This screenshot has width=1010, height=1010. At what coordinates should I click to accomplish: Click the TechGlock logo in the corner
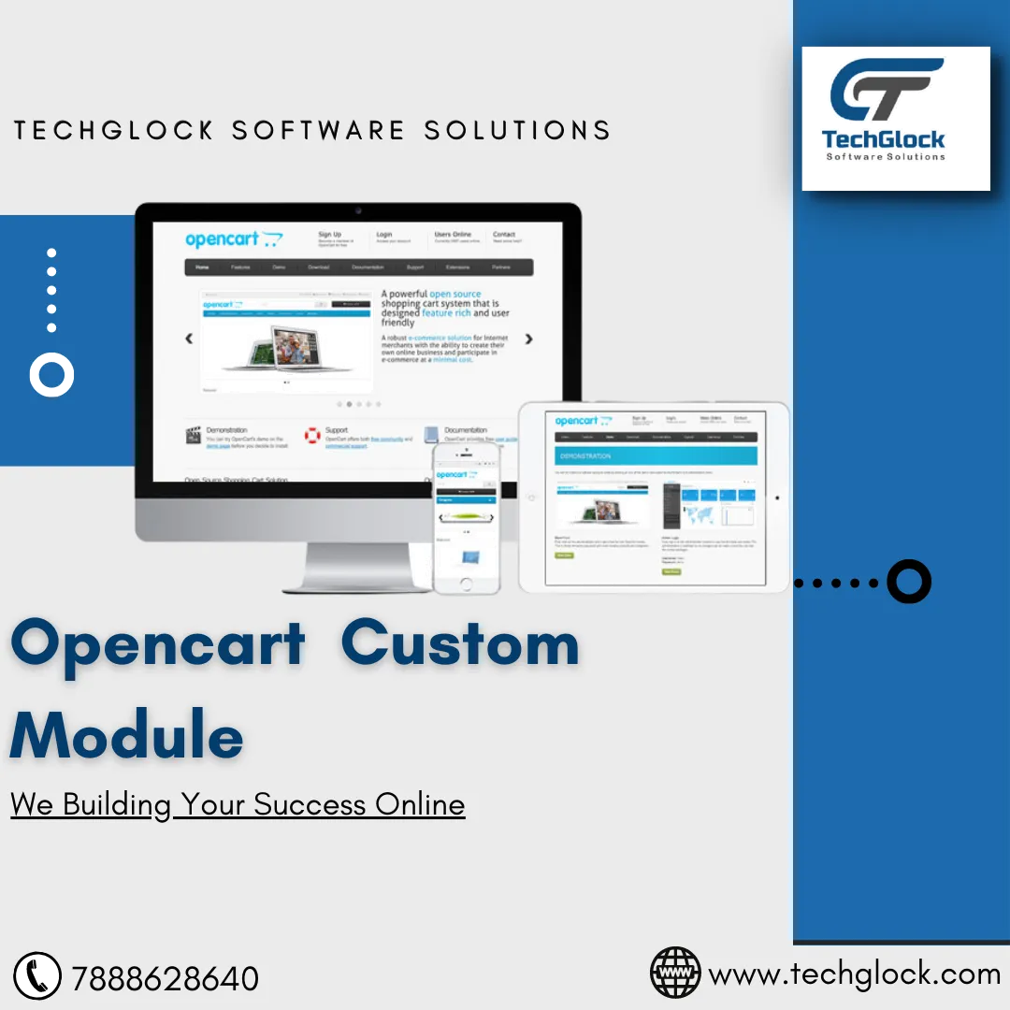coord(895,118)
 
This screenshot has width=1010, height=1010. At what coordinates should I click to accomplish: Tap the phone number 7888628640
coord(166,979)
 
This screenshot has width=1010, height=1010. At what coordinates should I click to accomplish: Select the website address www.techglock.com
coord(855,974)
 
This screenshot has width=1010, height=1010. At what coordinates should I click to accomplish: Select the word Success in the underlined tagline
coord(310,804)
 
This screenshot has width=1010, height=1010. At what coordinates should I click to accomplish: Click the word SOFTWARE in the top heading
coord(318,130)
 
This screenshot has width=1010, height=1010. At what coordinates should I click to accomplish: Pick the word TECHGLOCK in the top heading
coord(114,130)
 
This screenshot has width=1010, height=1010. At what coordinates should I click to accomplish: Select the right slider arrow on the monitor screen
coord(528,339)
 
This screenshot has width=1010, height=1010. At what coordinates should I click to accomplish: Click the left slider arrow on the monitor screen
coord(190,339)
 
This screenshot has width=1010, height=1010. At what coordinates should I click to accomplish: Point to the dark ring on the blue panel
coord(908,582)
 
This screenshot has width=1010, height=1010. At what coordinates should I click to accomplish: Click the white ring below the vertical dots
coord(51,374)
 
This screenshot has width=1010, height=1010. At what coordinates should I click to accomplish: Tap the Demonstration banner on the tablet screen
coord(656,455)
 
